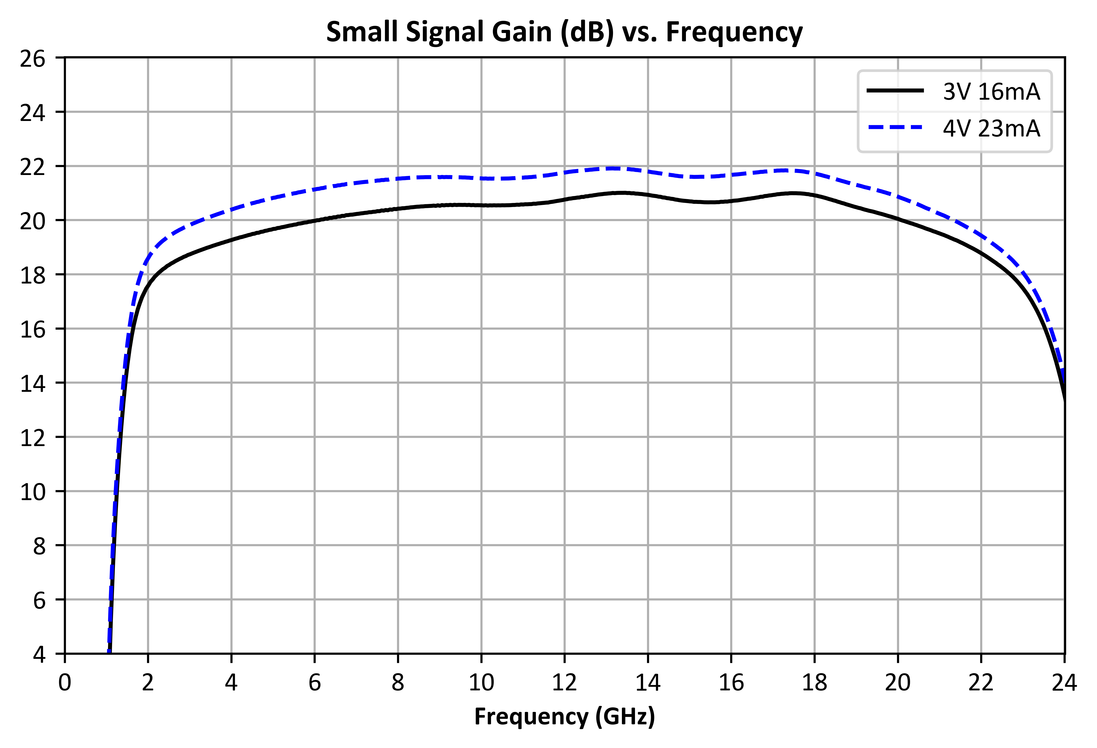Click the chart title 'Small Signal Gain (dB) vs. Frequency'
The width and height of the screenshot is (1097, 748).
point(565,32)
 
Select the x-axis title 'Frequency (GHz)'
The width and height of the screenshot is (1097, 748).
point(565,717)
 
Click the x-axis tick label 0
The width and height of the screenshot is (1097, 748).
point(65,683)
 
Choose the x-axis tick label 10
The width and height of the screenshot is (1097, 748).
point(481,683)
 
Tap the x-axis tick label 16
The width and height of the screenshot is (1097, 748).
point(731,683)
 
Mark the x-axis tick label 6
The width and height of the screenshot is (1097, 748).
point(314,683)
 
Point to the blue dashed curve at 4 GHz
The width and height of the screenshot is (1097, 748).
point(231,209)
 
